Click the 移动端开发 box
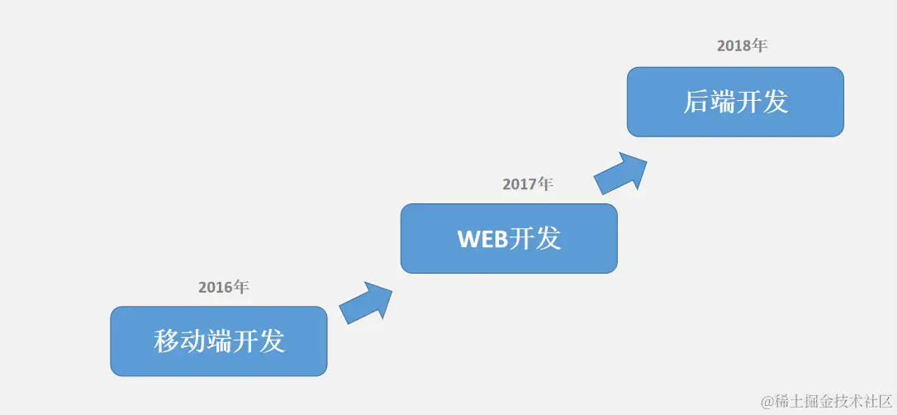point(219,341)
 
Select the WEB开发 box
point(509,238)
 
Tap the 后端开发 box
point(735,102)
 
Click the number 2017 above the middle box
point(519,184)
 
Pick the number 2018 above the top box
point(734,46)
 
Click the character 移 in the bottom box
point(167,341)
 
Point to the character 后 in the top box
point(696,102)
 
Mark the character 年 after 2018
point(759,46)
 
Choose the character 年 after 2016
point(240,288)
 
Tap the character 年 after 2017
point(544,184)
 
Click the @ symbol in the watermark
point(768,401)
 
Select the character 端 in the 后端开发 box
point(723,102)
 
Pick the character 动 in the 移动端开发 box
point(193,341)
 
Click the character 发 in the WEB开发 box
point(549,239)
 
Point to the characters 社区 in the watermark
point(877,401)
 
